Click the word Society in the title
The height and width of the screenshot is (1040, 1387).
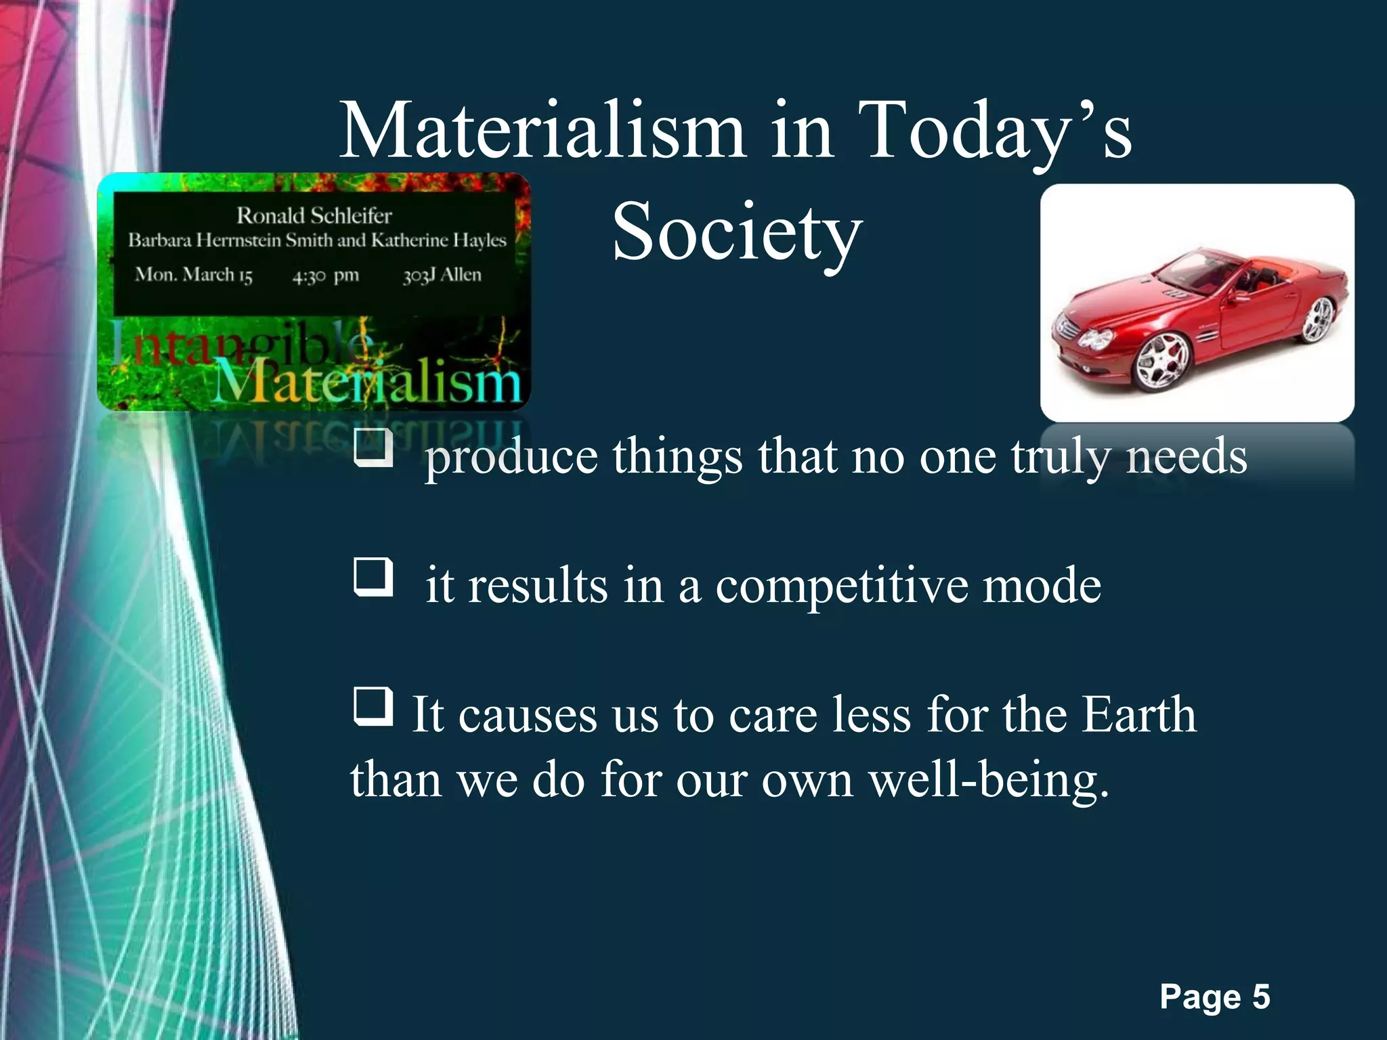(x=737, y=232)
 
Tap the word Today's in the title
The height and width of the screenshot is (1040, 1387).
(x=996, y=130)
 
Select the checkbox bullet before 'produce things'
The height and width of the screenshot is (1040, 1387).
(x=373, y=448)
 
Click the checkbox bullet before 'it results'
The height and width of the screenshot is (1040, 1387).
(x=373, y=577)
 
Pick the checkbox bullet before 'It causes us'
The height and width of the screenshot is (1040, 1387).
(x=373, y=706)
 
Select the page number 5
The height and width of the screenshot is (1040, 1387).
(x=1260, y=997)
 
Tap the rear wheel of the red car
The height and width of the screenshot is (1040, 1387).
(x=1317, y=319)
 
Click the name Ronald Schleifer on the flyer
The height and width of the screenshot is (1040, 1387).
(x=314, y=215)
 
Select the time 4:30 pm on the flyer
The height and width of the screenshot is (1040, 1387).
(x=326, y=276)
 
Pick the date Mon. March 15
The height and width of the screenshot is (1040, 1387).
(x=194, y=274)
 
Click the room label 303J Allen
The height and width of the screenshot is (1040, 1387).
(x=442, y=274)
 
